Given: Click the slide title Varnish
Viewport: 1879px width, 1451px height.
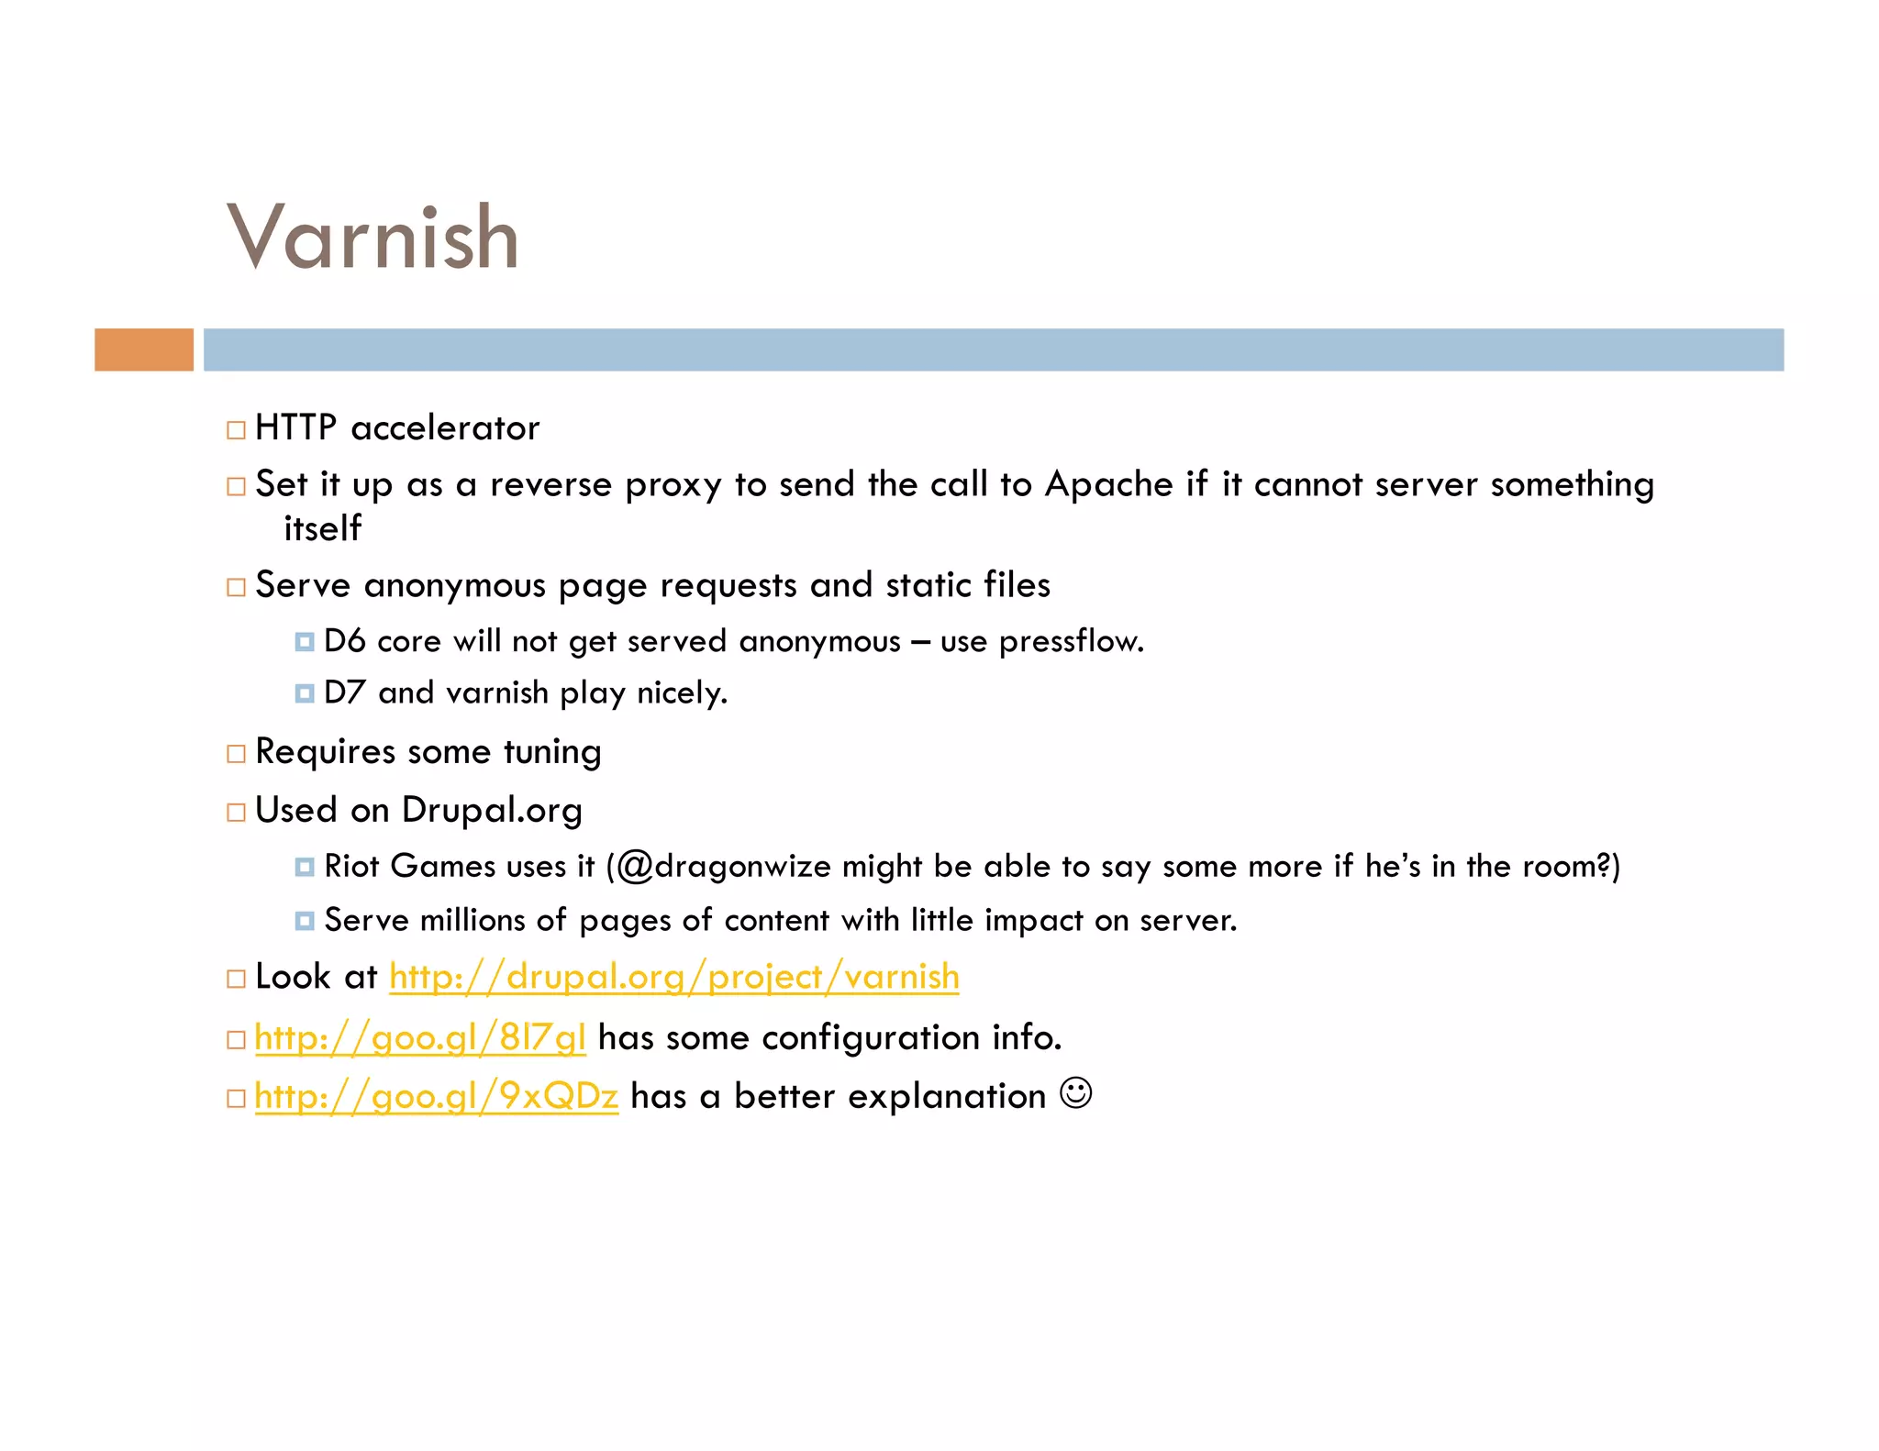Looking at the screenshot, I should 372,238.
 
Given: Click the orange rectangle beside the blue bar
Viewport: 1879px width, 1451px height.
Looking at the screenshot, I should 144,349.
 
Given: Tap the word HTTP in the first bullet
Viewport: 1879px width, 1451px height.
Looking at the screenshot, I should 295,428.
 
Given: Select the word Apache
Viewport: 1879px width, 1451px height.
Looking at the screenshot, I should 1109,484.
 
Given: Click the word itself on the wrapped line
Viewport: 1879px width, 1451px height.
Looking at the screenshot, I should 322,528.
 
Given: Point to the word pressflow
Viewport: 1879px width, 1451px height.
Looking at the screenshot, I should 1071,641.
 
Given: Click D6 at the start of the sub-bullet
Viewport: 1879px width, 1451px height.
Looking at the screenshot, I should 344,641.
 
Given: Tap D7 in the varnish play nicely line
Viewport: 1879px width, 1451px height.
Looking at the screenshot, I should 344,692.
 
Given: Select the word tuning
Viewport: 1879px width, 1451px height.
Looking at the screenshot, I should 552,752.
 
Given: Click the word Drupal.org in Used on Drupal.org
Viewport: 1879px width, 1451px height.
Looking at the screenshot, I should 492,811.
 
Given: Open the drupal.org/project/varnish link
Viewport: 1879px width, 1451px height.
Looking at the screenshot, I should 674,977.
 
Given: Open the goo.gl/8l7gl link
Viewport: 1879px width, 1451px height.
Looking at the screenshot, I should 420,1038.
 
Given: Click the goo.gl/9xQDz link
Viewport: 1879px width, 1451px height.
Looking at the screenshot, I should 437,1096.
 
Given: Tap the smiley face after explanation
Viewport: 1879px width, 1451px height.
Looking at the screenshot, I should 1075,1093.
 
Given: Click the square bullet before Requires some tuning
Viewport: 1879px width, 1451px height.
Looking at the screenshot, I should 237,754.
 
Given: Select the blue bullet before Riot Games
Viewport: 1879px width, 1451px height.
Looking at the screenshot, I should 305,867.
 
